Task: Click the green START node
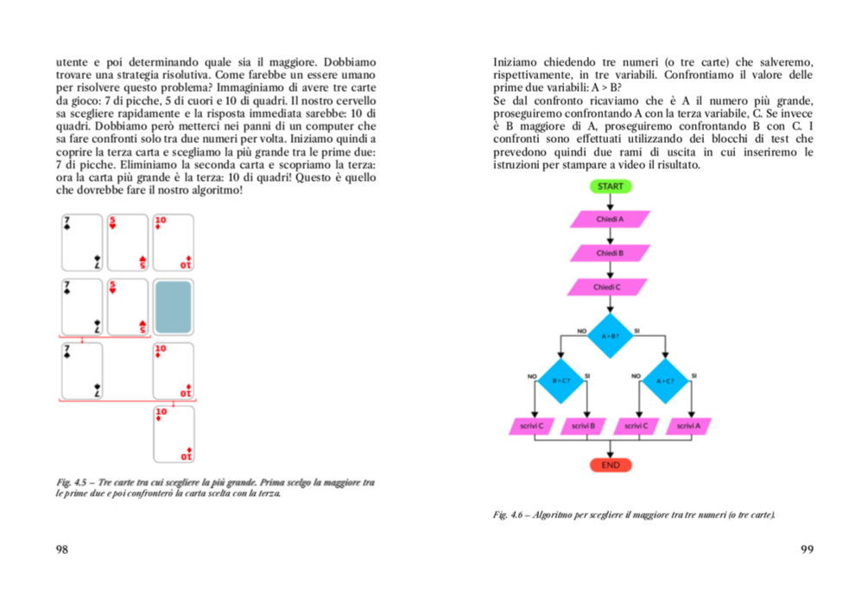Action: tap(610, 186)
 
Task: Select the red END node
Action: tap(610, 465)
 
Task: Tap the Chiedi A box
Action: tap(610, 220)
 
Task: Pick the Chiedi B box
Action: tap(610, 253)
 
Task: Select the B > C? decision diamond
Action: tap(561, 380)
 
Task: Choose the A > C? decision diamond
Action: tap(665, 380)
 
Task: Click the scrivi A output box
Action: tap(688, 426)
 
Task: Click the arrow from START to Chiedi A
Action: tap(610, 201)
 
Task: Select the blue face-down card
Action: tap(173, 308)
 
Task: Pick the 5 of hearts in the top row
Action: tap(128, 242)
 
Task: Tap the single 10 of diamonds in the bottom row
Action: tap(173, 434)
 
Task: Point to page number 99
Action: tap(808, 549)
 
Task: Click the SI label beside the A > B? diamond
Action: tap(637, 330)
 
